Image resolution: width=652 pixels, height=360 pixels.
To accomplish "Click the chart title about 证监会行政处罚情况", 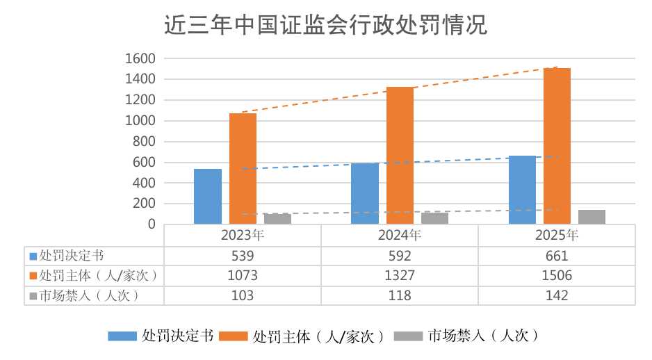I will point(325,25).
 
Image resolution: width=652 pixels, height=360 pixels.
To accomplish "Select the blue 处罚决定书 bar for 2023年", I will point(208,197).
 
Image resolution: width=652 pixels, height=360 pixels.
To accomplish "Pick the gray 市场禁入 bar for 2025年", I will point(592,217).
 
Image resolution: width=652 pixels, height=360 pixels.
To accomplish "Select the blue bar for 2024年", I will point(365,194).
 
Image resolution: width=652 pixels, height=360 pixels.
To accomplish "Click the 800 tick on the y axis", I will point(143,142).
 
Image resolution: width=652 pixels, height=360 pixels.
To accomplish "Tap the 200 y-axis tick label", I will point(143,204).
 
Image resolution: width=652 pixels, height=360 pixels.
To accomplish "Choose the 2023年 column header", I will point(243,235).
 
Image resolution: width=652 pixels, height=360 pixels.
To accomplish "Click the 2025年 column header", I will point(557,235).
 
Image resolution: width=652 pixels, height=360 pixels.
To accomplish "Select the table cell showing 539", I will point(243,256).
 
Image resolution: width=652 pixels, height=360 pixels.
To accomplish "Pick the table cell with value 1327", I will point(400,275).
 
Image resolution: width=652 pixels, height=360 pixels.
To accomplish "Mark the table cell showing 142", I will point(557,295).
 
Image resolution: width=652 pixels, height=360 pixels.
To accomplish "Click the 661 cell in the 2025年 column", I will point(557,256).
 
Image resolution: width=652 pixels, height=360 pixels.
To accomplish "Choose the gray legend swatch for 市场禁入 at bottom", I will point(408,336).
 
